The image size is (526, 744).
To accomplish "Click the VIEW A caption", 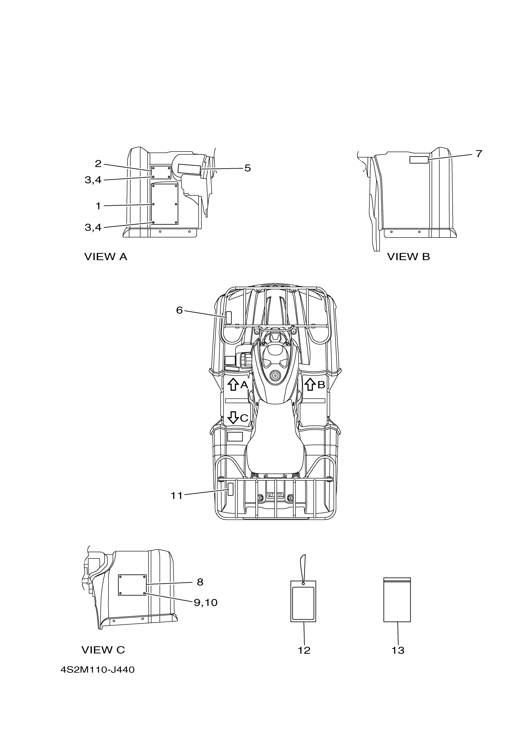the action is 106,257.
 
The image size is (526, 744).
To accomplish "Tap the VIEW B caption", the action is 408,257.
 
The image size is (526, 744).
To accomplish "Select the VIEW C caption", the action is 103,650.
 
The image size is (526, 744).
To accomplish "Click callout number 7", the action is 479,154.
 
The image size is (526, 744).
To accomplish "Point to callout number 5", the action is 247,168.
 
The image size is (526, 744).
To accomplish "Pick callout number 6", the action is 179,310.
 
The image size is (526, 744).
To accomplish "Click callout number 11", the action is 177,496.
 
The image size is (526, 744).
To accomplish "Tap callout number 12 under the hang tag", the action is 304,650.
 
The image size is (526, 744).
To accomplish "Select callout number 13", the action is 398,650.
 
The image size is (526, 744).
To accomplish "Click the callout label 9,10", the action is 205,602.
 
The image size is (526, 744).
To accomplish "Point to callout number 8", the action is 200,582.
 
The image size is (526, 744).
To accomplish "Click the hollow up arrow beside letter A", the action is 233,385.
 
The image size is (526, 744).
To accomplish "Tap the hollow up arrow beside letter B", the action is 310,384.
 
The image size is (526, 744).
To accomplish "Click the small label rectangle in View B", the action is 419,159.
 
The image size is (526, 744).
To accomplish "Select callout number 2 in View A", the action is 98,164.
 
